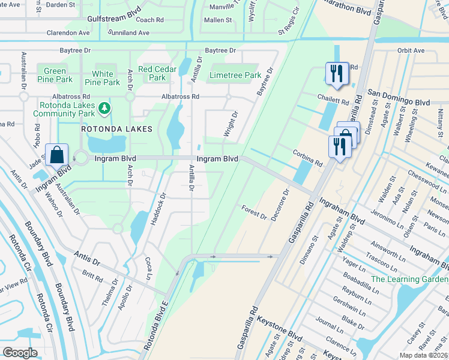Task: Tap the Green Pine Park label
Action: point(55,76)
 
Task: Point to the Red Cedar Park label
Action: point(157,73)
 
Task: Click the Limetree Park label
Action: point(235,76)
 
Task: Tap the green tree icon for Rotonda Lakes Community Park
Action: point(105,108)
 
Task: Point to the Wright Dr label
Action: point(229,124)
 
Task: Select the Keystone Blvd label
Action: point(279,327)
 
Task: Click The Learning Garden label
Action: point(409,280)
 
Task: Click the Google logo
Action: point(20,353)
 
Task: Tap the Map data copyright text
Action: point(423,355)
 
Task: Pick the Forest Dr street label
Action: point(254,211)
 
